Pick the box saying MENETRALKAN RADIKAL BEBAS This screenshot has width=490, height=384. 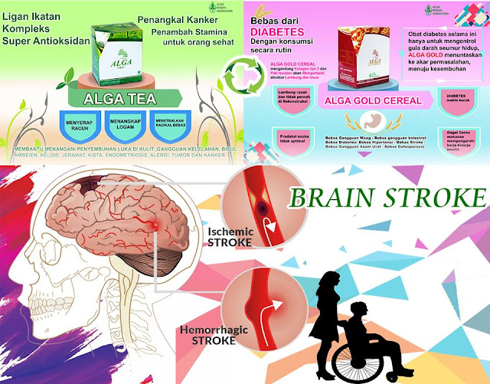[x=179, y=123]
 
